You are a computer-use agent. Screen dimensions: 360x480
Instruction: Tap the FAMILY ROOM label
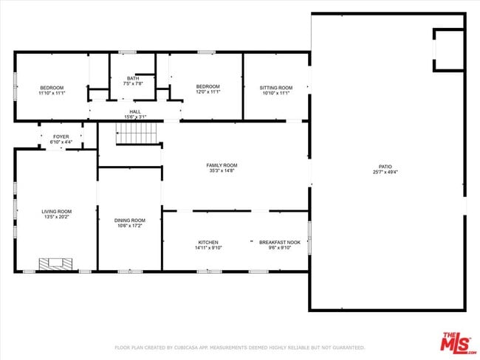coord(222,165)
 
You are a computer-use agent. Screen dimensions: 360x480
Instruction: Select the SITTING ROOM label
coord(275,88)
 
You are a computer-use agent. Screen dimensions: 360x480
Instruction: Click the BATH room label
coord(132,78)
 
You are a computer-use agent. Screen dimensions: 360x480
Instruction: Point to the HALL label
coord(134,112)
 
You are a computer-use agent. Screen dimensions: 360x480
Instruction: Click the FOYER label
coord(61,136)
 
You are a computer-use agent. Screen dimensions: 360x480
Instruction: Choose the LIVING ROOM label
coord(56,212)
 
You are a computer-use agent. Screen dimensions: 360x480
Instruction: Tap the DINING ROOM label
coord(129,220)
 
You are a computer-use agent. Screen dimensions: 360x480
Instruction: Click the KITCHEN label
coord(208,242)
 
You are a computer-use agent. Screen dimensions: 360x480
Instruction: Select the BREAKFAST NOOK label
coord(279,242)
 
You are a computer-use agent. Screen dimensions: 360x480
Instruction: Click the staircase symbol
coord(138,134)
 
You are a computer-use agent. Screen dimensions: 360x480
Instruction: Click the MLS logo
coord(458,344)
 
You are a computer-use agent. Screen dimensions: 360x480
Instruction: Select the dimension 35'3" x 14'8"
coord(222,171)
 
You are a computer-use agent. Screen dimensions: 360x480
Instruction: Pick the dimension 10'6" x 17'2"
coord(129,226)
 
